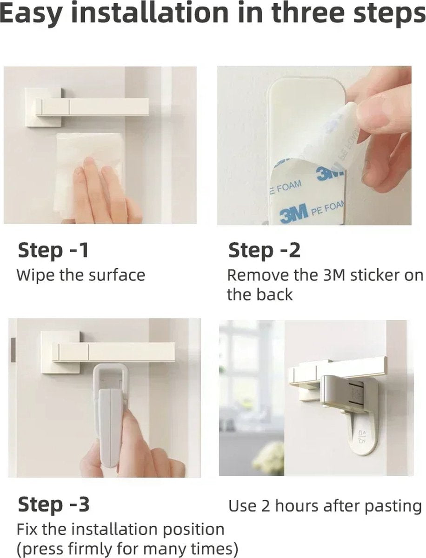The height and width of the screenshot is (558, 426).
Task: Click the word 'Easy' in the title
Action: click(x=31, y=14)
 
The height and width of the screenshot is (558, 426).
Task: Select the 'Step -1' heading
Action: click(x=53, y=250)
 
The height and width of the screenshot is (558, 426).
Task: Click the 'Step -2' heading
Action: click(x=264, y=250)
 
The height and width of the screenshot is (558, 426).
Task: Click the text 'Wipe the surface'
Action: click(x=81, y=275)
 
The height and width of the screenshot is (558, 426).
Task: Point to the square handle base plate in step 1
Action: click(x=43, y=107)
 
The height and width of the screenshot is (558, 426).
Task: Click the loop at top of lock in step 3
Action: click(x=110, y=376)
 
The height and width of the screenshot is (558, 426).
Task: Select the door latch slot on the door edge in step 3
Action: click(x=13, y=350)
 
